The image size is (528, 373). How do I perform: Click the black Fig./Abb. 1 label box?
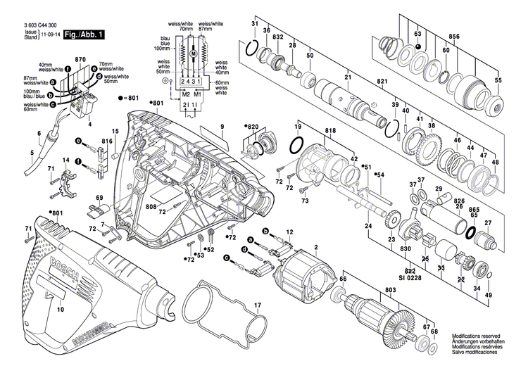click(x=84, y=34)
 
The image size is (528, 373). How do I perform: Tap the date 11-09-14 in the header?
click(x=50, y=34)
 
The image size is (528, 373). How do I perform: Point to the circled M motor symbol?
click(x=192, y=53)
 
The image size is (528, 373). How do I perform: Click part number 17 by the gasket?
click(x=258, y=305)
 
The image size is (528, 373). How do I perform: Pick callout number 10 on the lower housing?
click(x=61, y=309)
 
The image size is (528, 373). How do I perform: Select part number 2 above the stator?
click(x=316, y=246)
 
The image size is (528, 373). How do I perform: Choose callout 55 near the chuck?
click(x=498, y=82)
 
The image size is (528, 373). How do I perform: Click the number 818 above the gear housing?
click(x=310, y=132)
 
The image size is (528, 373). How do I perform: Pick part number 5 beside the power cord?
click(x=32, y=152)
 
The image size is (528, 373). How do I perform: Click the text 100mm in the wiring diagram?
click(x=161, y=49)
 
